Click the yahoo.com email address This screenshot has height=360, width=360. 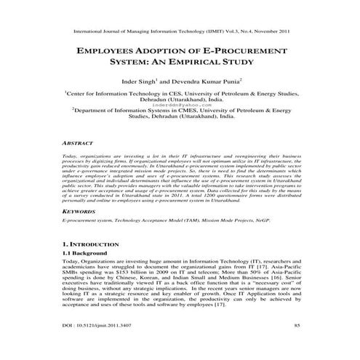pos(180,105)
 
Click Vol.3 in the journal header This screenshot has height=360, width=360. pos(241,32)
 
